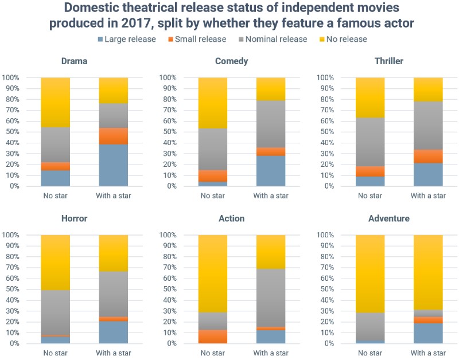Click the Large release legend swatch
101,40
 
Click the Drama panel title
74,61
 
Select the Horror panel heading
74,218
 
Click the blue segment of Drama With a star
113,165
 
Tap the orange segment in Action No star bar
212,336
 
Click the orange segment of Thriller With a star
428,156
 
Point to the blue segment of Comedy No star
212,183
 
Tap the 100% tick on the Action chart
168,235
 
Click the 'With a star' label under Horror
113,353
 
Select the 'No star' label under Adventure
370,353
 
